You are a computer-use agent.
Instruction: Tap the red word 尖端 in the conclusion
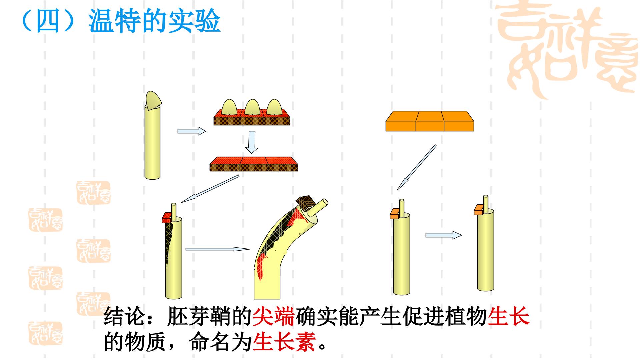pyautogui.click(x=274, y=317)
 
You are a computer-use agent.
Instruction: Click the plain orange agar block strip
pyautogui.click(x=430, y=121)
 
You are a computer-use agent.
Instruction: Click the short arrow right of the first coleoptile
pyautogui.click(x=192, y=131)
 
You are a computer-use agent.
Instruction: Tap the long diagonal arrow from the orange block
pyautogui.click(x=416, y=167)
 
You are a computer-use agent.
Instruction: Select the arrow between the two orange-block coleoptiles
pyautogui.click(x=444, y=235)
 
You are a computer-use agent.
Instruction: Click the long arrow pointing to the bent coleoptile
pyautogui.click(x=218, y=249)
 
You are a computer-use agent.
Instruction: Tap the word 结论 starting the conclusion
pyautogui.click(x=125, y=317)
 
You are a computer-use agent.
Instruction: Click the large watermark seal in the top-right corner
pyautogui.click(x=567, y=50)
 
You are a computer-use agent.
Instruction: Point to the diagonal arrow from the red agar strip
pyautogui.click(x=210, y=189)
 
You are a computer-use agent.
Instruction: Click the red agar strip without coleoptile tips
pyautogui.click(x=254, y=164)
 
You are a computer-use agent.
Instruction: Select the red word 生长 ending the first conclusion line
pyautogui.click(x=508, y=317)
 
